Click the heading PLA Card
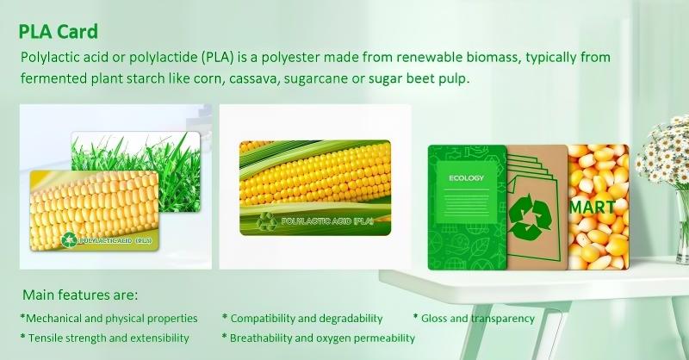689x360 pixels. (x=59, y=32)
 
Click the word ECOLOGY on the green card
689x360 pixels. (x=467, y=178)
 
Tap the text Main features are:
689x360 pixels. (x=80, y=295)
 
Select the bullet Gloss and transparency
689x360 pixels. (x=474, y=319)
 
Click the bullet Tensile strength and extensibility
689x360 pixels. (x=104, y=338)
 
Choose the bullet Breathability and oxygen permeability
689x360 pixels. (x=318, y=338)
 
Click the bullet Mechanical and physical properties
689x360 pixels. (x=109, y=319)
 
